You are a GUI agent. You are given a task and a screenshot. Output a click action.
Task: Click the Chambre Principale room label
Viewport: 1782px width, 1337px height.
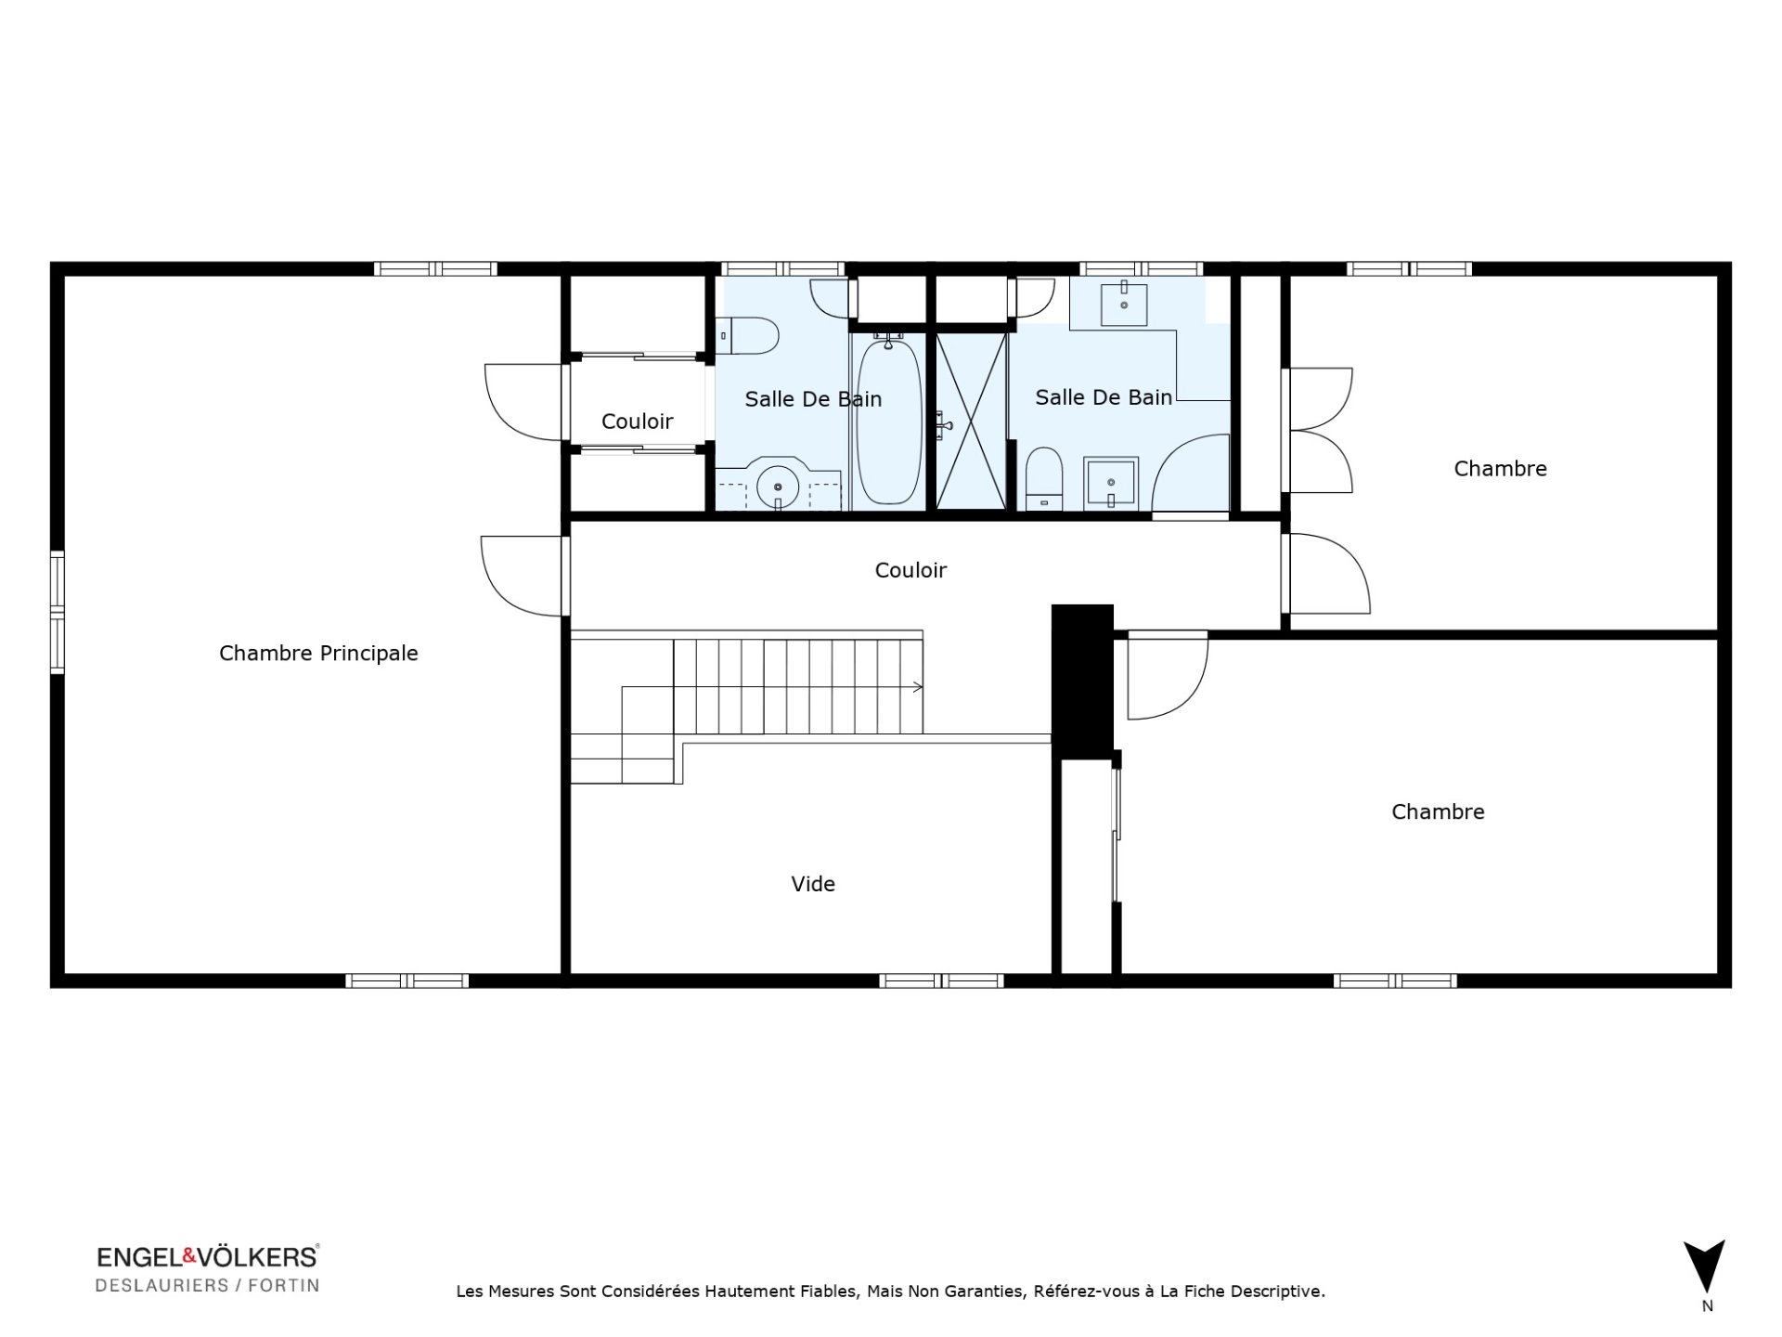click(x=318, y=654)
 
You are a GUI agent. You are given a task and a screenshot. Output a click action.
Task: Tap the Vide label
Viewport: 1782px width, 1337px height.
click(x=813, y=884)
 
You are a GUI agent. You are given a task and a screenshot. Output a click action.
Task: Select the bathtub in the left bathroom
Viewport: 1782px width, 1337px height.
click(x=889, y=422)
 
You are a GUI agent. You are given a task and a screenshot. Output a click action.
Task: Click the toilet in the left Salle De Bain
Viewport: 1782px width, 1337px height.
click(x=749, y=336)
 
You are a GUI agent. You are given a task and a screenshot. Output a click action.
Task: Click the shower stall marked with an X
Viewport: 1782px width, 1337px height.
click(x=971, y=422)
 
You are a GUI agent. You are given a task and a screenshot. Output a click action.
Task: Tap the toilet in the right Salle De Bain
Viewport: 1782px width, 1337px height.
click(x=1044, y=479)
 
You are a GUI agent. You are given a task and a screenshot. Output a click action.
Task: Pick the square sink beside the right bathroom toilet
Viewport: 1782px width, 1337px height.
click(x=1111, y=484)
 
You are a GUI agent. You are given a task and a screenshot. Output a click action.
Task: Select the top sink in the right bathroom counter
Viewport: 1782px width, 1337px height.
click(x=1124, y=303)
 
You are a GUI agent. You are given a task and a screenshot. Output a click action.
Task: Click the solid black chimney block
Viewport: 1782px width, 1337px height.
click(x=1082, y=681)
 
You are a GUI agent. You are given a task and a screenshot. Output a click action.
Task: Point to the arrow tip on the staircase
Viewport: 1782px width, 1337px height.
click(x=923, y=687)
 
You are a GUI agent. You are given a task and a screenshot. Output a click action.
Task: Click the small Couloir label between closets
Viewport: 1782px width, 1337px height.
click(x=638, y=422)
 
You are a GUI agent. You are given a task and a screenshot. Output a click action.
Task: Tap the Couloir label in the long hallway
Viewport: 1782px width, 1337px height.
click(x=910, y=570)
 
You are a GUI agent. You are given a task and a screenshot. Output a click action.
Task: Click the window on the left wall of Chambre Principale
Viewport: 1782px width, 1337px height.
click(x=58, y=611)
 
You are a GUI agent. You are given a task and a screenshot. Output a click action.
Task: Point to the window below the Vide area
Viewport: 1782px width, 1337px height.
click(x=941, y=980)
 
